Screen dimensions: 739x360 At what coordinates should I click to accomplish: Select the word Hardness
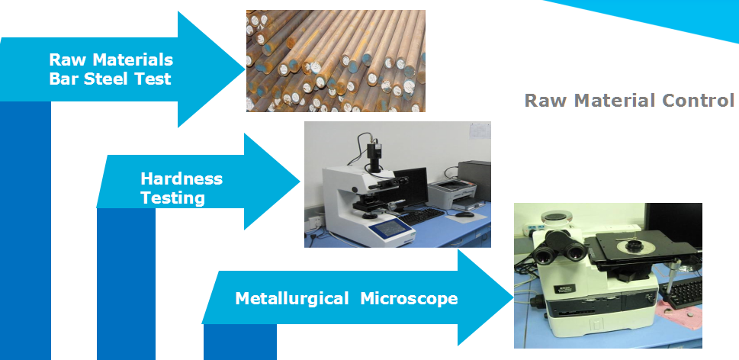point(182,178)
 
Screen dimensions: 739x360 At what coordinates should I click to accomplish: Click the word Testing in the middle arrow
point(172,198)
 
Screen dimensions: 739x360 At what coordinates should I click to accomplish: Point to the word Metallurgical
point(292,298)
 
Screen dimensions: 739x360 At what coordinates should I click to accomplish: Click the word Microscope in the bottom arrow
point(409,298)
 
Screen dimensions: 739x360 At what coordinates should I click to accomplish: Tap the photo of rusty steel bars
point(336,61)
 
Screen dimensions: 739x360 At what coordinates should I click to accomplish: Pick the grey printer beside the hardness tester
point(452,194)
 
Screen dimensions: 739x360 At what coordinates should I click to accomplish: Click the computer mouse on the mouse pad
point(464,214)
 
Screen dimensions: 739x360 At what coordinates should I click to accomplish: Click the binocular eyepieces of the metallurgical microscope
point(561,249)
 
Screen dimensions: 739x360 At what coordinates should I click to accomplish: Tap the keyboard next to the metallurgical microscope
point(682,292)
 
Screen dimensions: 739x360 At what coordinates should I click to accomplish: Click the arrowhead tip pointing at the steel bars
point(245,69)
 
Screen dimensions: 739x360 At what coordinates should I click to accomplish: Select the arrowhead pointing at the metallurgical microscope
point(486,297)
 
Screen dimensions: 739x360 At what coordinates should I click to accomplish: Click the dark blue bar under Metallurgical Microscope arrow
point(240,342)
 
